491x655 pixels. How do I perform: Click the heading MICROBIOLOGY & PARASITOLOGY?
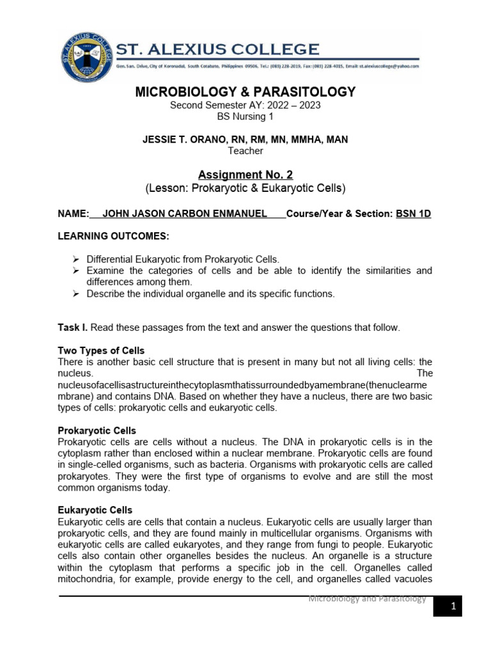tap(245, 92)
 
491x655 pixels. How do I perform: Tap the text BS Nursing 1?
tap(245, 116)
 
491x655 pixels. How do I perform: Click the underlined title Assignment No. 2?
tap(245, 174)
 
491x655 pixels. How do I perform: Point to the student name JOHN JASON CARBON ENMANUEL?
tap(185, 214)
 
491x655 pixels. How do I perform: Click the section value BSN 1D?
tap(414, 214)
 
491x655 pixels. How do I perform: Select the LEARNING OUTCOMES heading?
tap(113, 237)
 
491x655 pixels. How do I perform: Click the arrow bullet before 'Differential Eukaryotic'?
tap(75, 259)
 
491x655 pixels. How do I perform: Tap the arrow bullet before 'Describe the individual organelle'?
tap(75, 294)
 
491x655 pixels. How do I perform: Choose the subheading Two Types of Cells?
tap(101, 351)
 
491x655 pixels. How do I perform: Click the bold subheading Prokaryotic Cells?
tap(97, 430)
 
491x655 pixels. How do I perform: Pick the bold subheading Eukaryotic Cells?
tap(95, 510)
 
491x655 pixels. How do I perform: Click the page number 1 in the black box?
tap(453, 606)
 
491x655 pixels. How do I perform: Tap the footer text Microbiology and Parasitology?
tap(367, 599)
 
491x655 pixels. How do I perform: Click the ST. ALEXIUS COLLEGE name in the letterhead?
tap(217, 49)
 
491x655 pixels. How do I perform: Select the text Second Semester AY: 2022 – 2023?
tap(245, 105)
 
